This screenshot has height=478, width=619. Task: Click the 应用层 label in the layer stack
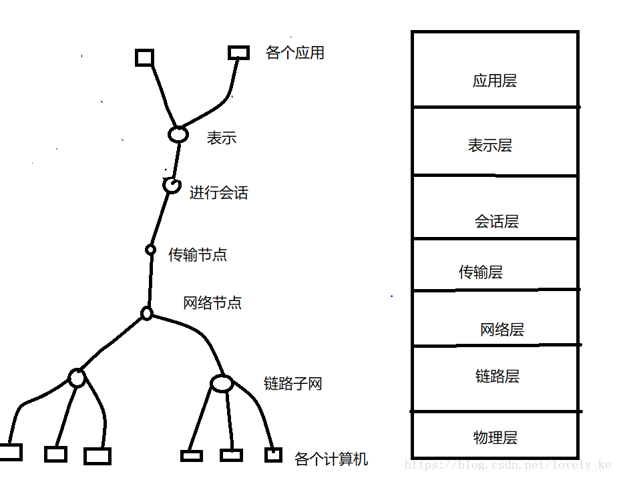(x=494, y=81)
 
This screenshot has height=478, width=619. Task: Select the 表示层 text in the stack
(x=489, y=146)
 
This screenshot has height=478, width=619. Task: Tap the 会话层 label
(x=496, y=222)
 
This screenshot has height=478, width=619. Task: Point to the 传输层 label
(x=480, y=272)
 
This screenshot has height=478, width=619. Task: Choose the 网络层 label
(x=501, y=329)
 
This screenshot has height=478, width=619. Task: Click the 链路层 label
(x=497, y=377)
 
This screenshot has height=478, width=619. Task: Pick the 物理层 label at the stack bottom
(x=495, y=438)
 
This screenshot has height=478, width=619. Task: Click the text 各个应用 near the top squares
(x=294, y=53)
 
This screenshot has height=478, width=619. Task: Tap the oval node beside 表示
(x=178, y=134)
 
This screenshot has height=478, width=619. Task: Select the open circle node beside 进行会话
(x=172, y=185)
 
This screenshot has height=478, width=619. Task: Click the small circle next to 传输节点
(x=151, y=250)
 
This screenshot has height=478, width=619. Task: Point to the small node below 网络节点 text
(x=147, y=313)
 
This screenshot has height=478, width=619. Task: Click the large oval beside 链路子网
(x=221, y=383)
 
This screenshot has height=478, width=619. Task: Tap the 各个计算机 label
(x=331, y=459)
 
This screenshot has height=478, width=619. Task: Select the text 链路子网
(x=292, y=384)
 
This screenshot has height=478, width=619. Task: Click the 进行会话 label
(x=218, y=193)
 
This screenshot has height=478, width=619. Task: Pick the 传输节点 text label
(x=197, y=254)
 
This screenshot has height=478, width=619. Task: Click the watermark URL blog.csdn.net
(x=507, y=465)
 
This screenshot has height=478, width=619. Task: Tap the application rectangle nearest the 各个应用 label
(x=238, y=52)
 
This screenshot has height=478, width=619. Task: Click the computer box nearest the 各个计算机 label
(x=272, y=455)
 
